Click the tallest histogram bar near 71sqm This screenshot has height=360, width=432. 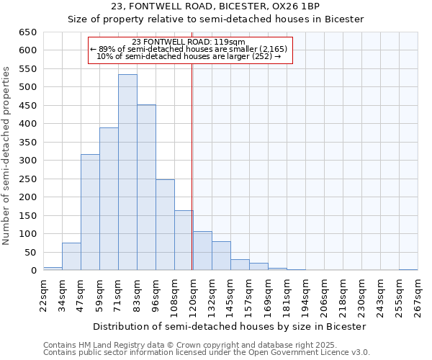tap(127, 173)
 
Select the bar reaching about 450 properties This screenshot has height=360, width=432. tap(146, 187)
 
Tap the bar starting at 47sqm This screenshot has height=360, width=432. tap(90, 212)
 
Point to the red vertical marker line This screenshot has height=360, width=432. tap(192, 166)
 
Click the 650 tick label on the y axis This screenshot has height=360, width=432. tap(28, 32)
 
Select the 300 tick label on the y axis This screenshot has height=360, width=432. tap(28, 161)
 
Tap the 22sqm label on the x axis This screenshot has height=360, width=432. tap(48, 294)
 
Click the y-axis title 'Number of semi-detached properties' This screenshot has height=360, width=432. tap(7, 156)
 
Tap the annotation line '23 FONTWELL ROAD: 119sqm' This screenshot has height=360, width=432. tap(190, 42)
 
